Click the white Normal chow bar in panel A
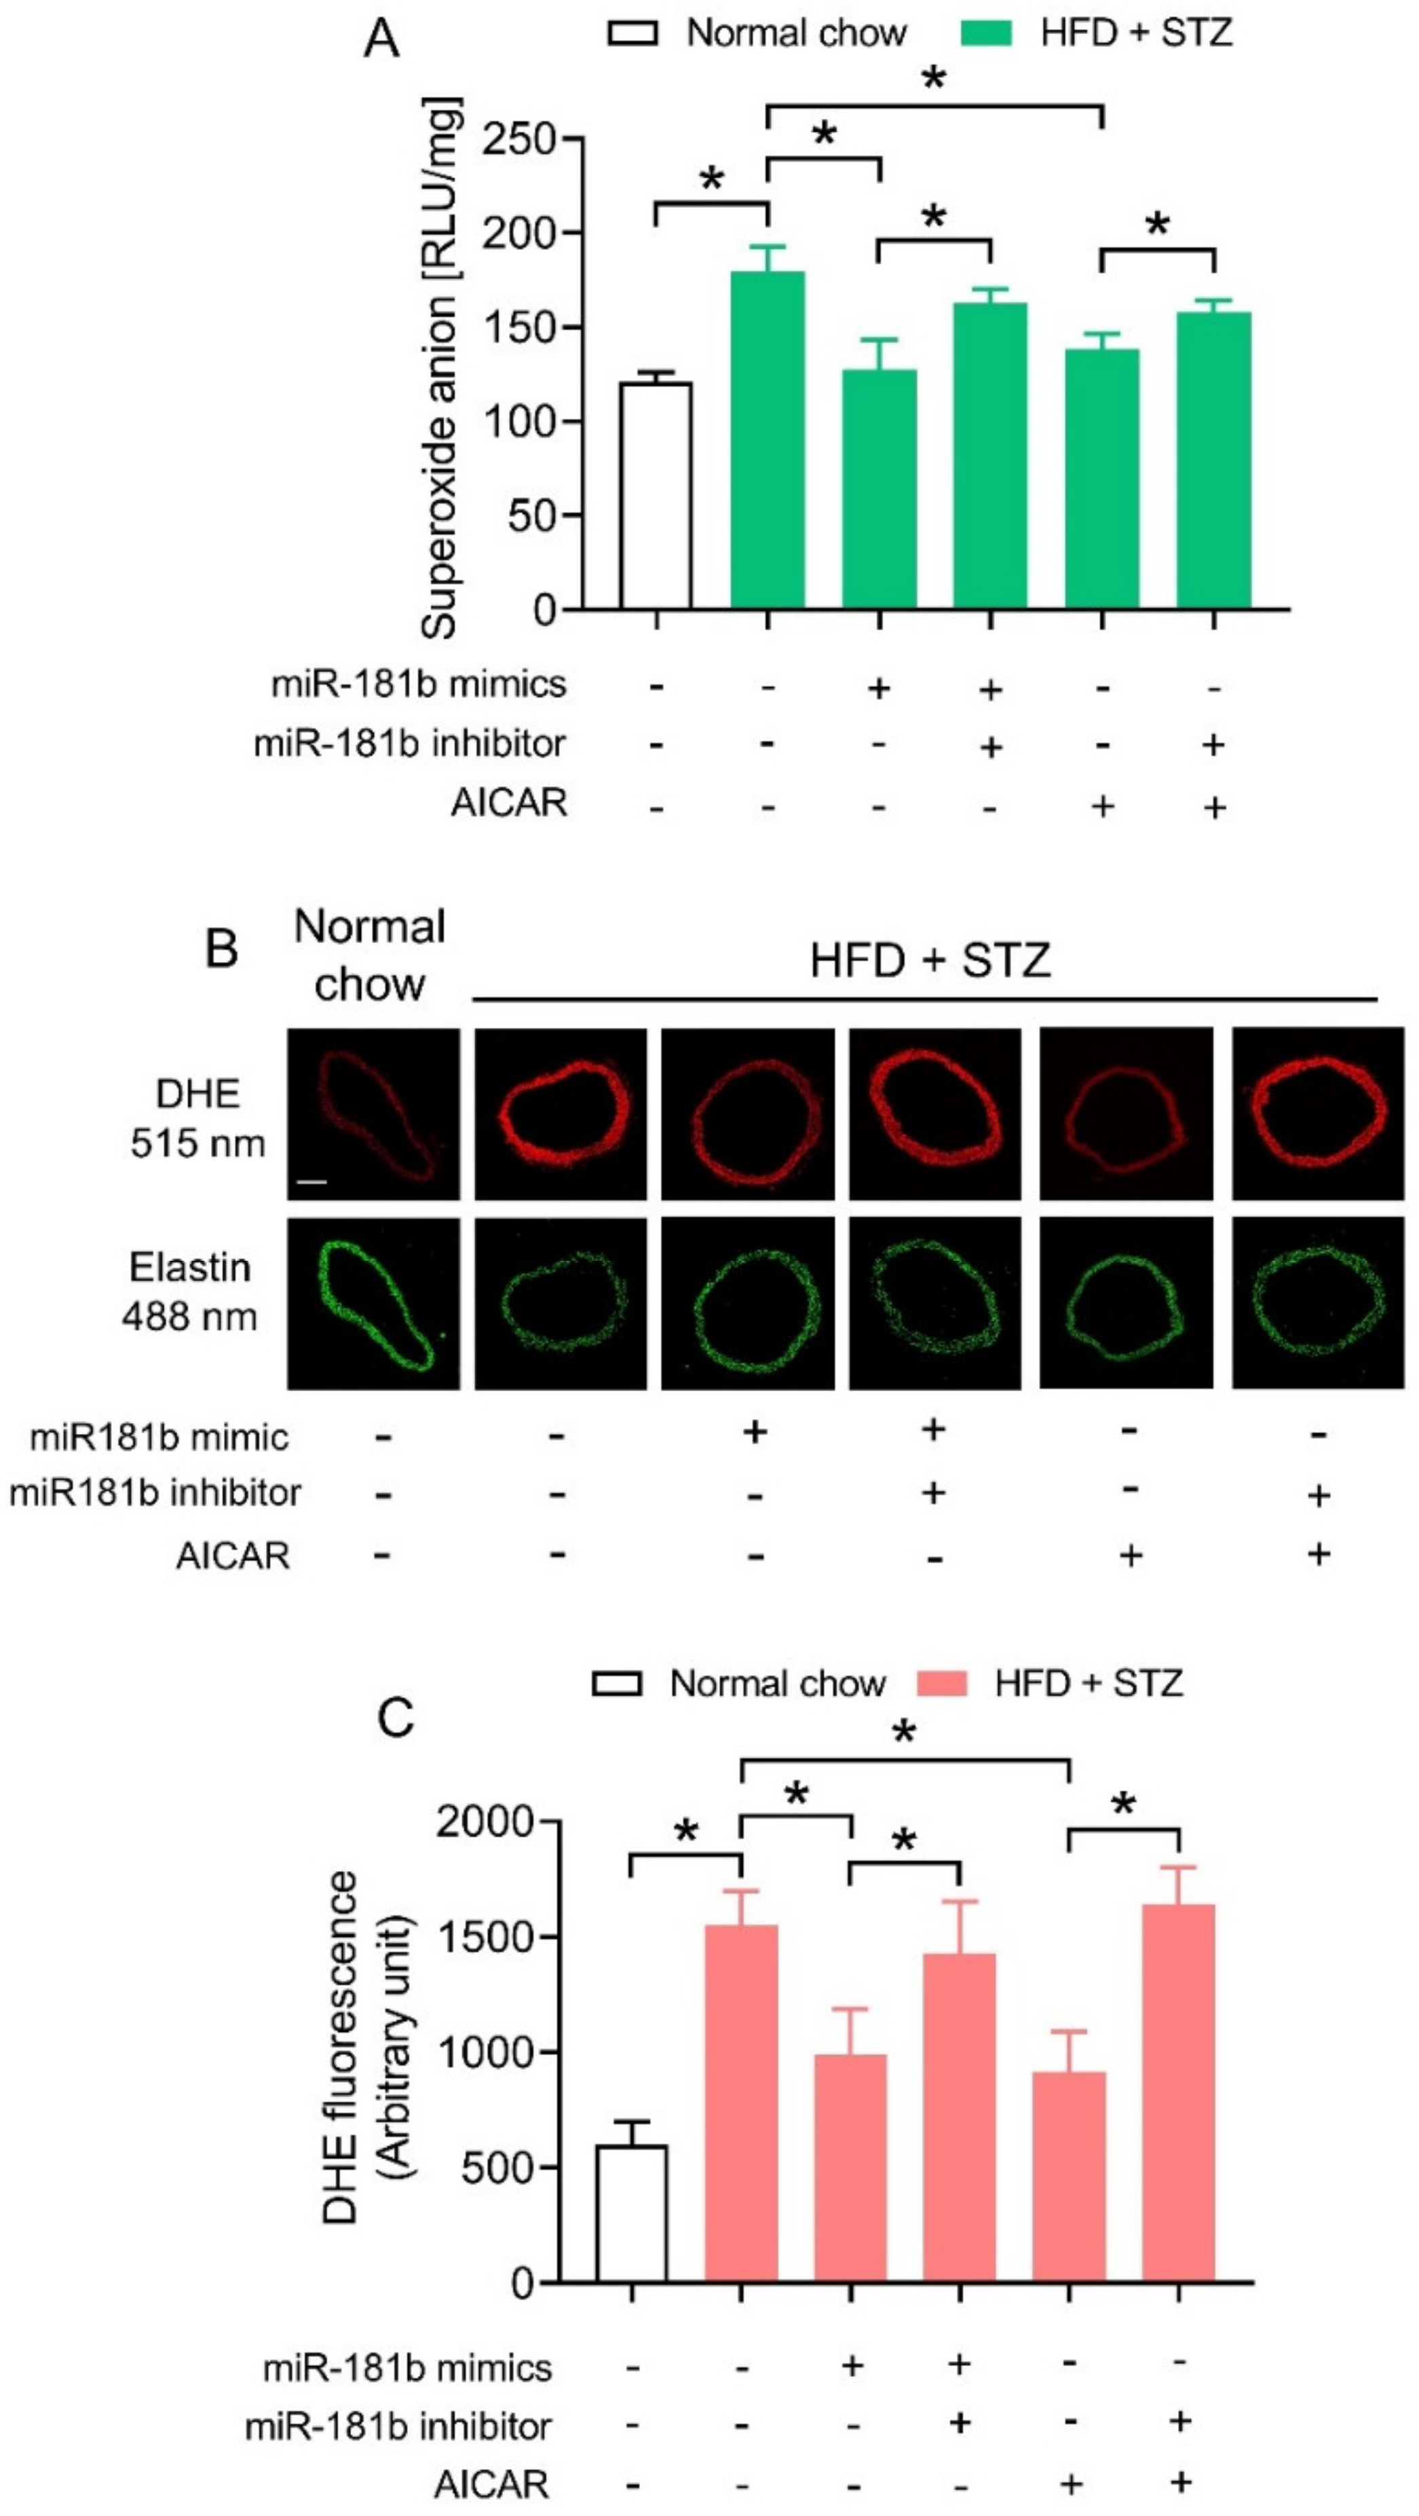click(656, 495)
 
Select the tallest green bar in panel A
click(768, 439)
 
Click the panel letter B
click(222, 946)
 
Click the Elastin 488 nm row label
click(191, 1291)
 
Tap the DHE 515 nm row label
click(198, 1117)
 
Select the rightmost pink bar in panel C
click(1179, 2091)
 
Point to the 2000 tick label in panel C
click(485, 1821)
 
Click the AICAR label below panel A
click(509, 803)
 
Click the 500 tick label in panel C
click(498, 2166)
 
